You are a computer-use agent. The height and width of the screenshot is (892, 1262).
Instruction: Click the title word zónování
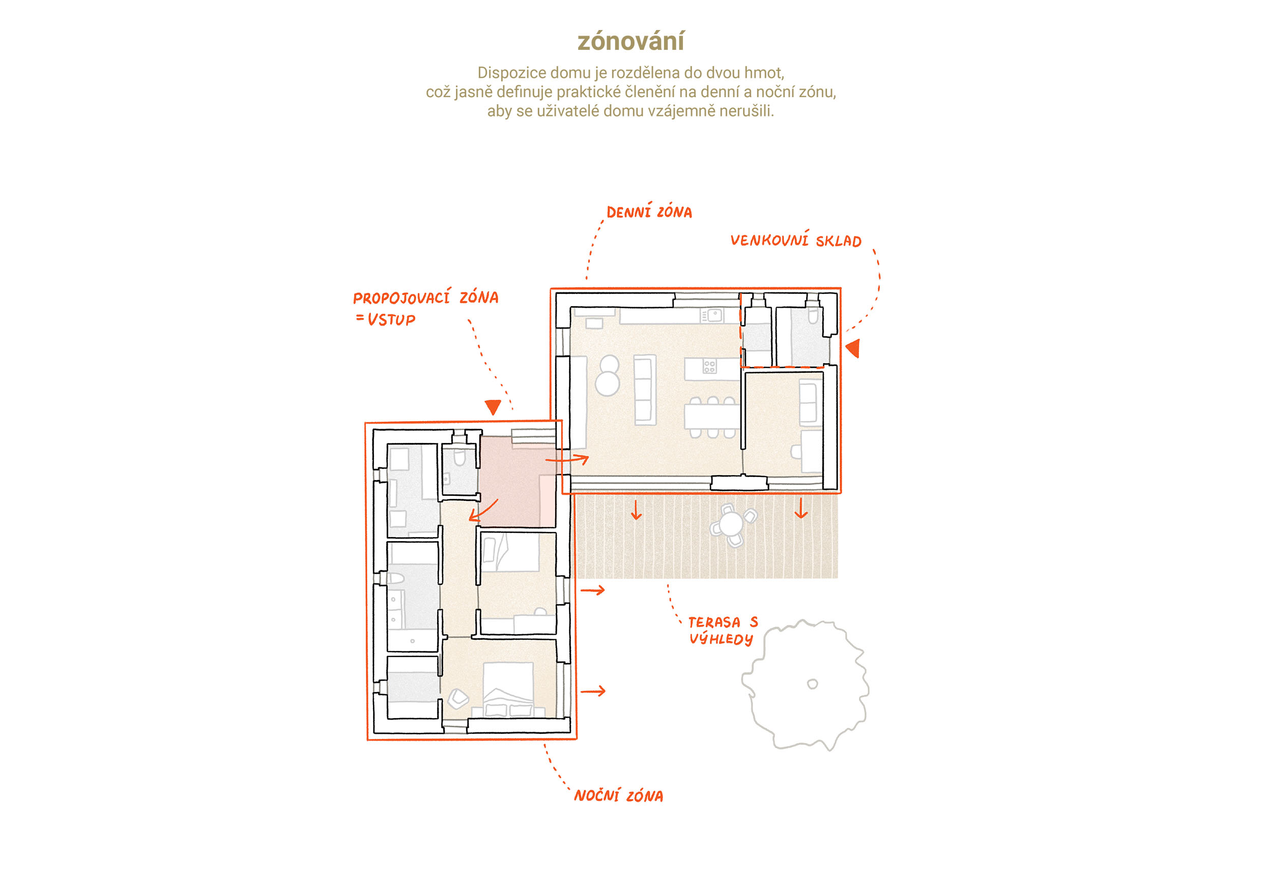coord(630,41)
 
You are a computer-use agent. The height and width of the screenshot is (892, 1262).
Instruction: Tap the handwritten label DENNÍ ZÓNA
coord(649,212)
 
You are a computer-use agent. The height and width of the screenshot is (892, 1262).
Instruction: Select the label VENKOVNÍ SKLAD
coord(796,240)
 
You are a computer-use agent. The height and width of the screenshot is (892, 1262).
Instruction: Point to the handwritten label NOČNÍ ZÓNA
coord(618,795)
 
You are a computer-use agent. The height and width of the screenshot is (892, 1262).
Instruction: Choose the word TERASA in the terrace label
coord(714,622)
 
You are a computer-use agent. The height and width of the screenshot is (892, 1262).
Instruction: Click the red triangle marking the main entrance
coord(493,407)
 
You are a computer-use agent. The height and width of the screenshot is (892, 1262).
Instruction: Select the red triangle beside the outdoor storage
coord(853,348)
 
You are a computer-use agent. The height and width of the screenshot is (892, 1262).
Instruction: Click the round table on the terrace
coord(732,524)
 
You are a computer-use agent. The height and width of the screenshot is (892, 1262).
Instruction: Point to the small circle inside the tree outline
coord(812,684)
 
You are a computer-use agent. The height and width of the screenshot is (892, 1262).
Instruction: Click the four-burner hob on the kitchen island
coord(709,367)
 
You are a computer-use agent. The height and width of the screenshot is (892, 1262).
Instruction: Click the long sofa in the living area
coord(645,390)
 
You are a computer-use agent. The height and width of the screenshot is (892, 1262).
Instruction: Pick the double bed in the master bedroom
coord(508,689)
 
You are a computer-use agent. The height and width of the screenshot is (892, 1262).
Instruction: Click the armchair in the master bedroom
coord(458,698)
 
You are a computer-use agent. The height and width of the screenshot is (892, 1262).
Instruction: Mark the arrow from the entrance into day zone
coord(567,459)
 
